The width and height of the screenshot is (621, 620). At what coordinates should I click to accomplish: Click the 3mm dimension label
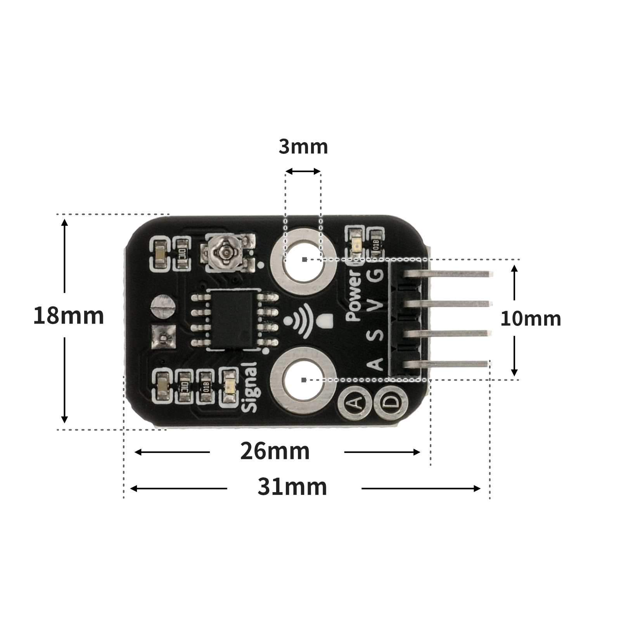[x=303, y=147]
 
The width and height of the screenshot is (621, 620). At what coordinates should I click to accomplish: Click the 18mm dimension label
[x=69, y=315]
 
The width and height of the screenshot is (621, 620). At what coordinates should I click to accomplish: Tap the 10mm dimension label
[x=530, y=319]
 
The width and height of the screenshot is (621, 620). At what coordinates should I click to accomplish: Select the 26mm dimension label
[x=275, y=451]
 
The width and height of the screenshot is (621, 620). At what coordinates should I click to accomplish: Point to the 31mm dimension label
[x=292, y=487]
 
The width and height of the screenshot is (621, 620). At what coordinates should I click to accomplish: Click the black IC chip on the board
[x=233, y=320]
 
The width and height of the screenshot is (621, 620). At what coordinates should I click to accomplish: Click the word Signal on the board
[x=250, y=387]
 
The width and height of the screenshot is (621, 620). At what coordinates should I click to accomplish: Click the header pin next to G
[x=448, y=274]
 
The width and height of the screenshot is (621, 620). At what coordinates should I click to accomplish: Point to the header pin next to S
[x=448, y=334]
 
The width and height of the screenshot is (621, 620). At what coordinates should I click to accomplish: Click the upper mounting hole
[x=303, y=259]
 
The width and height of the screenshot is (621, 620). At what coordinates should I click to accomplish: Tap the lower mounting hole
[x=303, y=380]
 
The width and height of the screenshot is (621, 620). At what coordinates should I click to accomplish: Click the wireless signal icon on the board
[x=301, y=320]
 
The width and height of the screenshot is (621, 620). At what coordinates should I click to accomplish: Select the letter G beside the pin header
[x=376, y=274]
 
